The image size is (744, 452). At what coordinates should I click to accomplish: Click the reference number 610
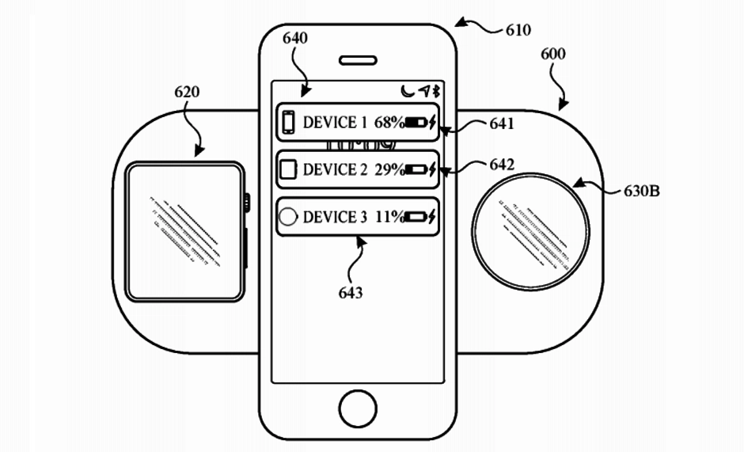tap(518, 31)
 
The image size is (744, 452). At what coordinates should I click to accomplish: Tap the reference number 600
tap(553, 55)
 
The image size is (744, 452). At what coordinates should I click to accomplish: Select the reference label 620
tap(187, 93)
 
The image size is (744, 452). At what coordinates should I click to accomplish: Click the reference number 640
tap(294, 37)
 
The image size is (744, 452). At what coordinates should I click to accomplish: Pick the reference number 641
tap(501, 123)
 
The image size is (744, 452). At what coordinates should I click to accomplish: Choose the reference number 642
tap(501, 165)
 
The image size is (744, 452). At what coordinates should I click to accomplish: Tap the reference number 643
tap(350, 294)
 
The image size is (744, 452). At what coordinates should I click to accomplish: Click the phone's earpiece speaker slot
tap(358, 59)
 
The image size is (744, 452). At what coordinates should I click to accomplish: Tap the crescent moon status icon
tap(407, 91)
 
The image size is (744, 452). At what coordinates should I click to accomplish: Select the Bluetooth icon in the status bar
tap(435, 91)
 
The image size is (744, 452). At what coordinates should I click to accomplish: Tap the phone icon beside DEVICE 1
tap(289, 123)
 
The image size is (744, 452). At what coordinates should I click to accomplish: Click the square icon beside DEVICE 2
tap(289, 169)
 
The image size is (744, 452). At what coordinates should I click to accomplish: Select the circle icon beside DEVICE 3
tap(289, 216)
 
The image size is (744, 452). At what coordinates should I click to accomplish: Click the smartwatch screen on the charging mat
tap(184, 231)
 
